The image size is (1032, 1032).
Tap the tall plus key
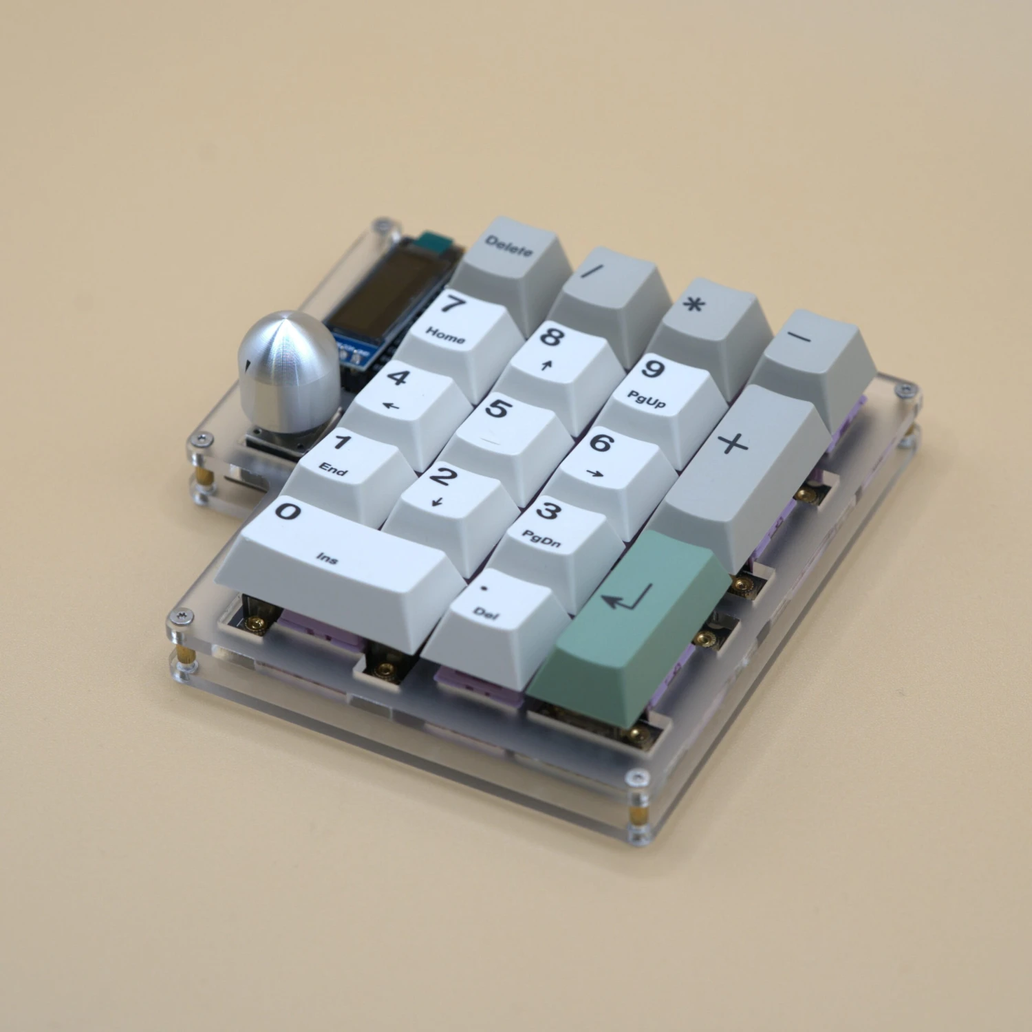click(743, 468)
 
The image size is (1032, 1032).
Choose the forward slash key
click(609, 296)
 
